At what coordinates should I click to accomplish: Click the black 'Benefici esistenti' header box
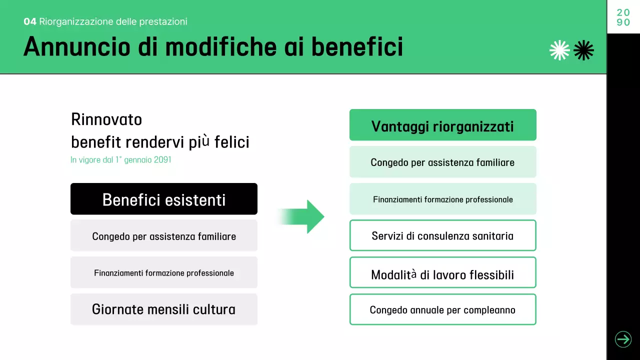pyautogui.click(x=164, y=199)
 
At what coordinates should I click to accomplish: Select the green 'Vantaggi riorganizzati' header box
pyautogui.click(x=442, y=125)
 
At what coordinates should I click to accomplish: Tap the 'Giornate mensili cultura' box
pyautogui.click(x=164, y=309)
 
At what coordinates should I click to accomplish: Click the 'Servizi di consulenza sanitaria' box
pyautogui.click(x=442, y=235)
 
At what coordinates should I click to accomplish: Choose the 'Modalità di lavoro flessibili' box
pyautogui.click(x=442, y=272)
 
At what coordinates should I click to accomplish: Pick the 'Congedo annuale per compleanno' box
pyautogui.click(x=442, y=309)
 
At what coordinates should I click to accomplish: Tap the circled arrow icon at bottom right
pyautogui.click(x=623, y=339)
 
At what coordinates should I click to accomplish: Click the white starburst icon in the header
pyautogui.click(x=559, y=50)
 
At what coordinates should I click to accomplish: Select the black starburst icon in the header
pyautogui.click(x=583, y=50)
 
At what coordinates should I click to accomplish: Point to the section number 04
pyautogui.click(x=30, y=21)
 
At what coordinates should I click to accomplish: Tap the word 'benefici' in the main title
pyautogui.click(x=357, y=47)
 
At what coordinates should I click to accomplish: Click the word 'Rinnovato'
pyautogui.click(x=106, y=120)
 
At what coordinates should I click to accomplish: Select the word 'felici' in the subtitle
pyautogui.click(x=231, y=142)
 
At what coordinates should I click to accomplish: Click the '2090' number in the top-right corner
pyautogui.click(x=623, y=17)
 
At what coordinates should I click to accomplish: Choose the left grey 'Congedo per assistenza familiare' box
pyautogui.click(x=164, y=235)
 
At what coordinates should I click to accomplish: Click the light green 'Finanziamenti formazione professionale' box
pyautogui.click(x=442, y=199)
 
